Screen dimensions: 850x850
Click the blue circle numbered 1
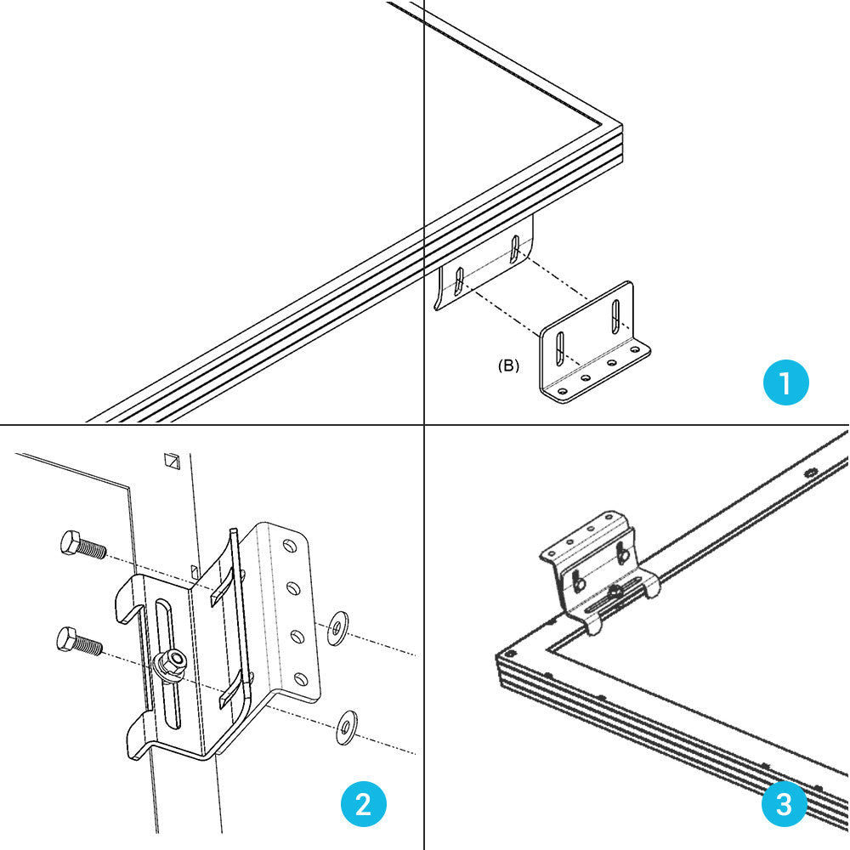tap(785, 382)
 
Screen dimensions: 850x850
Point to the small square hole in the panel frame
tap(173, 461)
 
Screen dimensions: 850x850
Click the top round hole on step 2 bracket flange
tap(290, 542)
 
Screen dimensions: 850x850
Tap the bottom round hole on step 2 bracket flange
tap(299, 678)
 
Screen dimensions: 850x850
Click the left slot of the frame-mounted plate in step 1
tap(457, 281)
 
